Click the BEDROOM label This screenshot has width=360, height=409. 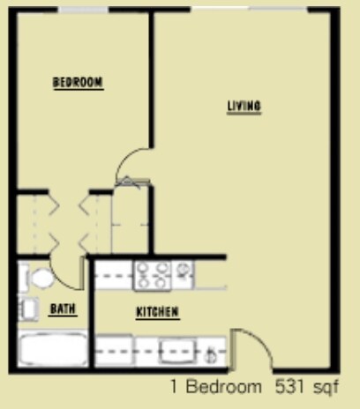(x=78, y=83)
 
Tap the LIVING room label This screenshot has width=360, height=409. (x=244, y=107)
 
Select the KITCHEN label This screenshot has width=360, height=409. (x=158, y=312)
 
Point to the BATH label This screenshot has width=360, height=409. (x=63, y=309)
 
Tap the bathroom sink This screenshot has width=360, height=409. (x=28, y=309)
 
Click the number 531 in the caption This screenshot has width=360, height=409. (x=289, y=386)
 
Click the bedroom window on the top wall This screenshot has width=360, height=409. (x=84, y=9)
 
